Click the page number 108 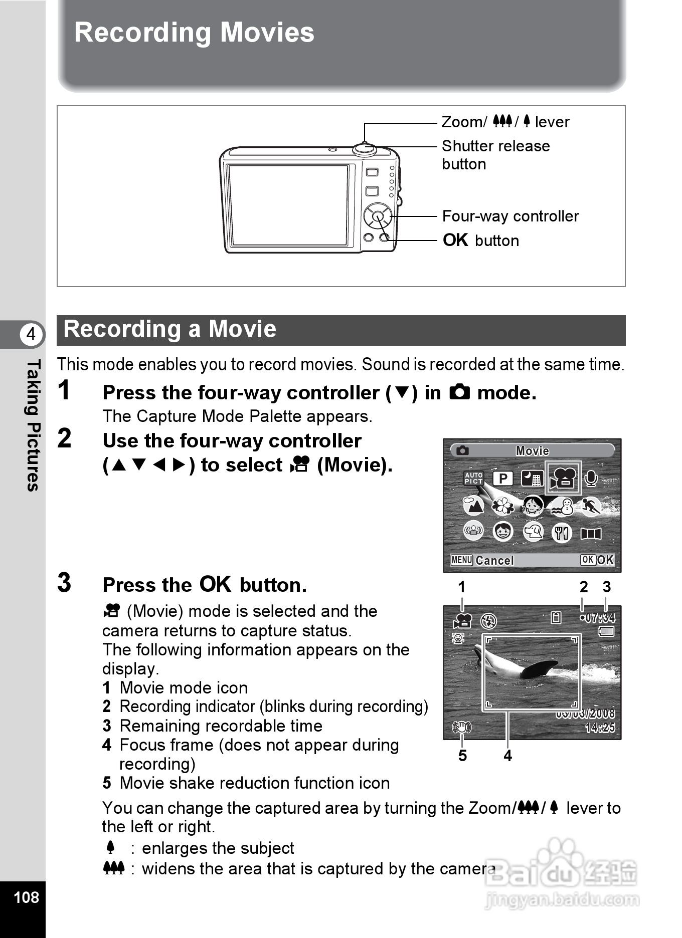click(26, 897)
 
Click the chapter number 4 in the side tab click(32, 334)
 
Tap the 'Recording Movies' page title click(194, 33)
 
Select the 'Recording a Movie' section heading click(170, 330)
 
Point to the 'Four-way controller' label click(510, 216)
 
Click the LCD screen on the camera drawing click(288, 205)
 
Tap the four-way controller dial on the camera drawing click(378, 216)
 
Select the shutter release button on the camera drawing click(365, 149)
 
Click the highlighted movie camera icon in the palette click(563, 478)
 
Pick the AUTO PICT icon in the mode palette click(473, 478)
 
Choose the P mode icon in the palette click(503, 479)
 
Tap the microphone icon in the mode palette click(591, 479)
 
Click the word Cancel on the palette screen click(494, 560)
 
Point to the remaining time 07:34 click(600, 618)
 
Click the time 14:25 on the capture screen click(600, 728)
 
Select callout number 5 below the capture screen click(462, 756)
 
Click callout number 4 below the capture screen click(507, 756)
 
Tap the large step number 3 click(64, 583)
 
